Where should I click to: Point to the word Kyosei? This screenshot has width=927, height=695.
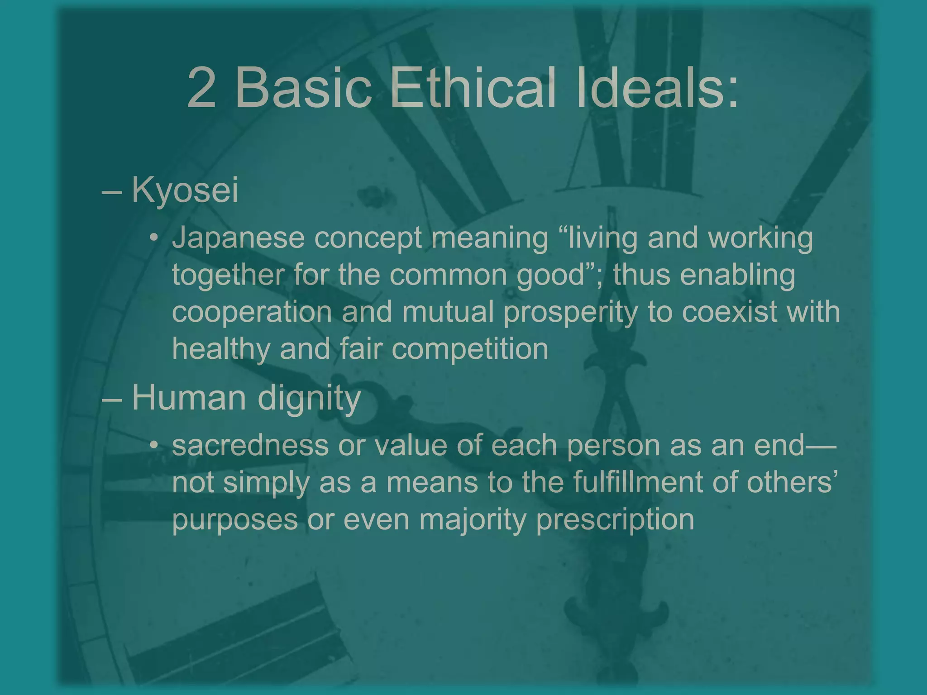pos(185,190)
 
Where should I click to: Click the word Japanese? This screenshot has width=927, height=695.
pos(238,238)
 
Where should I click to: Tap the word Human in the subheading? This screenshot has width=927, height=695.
pos(189,398)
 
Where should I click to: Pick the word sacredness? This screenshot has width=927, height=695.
pos(250,445)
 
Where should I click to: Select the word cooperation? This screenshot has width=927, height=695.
pos(252,312)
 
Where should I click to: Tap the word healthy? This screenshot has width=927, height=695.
pos(221,349)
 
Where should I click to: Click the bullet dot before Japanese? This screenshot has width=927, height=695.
pos(154,238)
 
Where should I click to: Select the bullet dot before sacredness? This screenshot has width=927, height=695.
pos(154,446)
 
